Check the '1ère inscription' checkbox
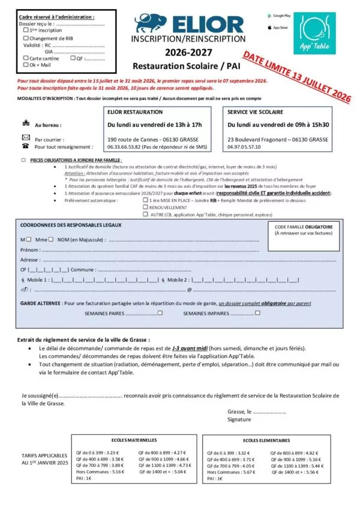[25, 29]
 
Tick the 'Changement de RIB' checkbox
[25, 38]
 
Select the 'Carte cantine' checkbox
[25, 59]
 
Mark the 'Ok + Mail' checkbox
[25, 65]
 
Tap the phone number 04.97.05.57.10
[244, 146]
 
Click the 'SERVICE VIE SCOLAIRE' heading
[255, 112]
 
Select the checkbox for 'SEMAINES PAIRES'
[160, 313]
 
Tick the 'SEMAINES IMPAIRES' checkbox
[257, 313]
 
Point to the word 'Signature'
[239, 420]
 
